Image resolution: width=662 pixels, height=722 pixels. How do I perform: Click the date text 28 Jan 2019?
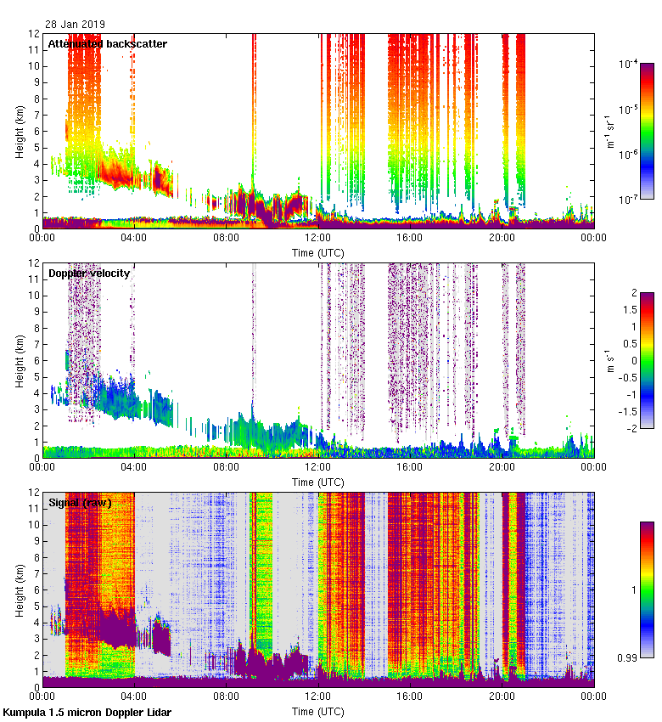[76, 25]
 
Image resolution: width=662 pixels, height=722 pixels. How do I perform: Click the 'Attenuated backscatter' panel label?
[107, 43]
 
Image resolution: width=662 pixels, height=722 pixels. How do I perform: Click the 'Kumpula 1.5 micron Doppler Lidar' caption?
[87, 713]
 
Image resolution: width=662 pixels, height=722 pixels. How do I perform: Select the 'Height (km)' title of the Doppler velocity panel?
[19, 360]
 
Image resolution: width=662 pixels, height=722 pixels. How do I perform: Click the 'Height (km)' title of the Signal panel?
[19, 589]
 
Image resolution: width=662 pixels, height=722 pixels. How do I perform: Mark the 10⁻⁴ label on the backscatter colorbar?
[629, 65]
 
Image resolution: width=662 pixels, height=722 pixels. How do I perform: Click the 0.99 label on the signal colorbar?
[627, 657]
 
